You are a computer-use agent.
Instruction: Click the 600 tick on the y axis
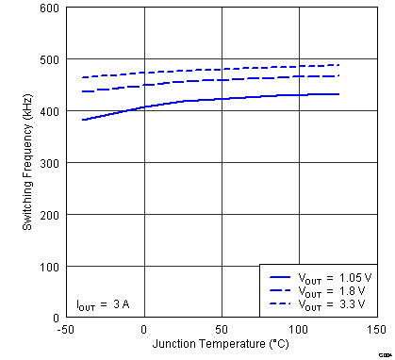(48, 8)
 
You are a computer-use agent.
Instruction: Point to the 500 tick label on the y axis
(48, 60)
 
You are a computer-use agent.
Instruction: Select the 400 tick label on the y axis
(48, 112)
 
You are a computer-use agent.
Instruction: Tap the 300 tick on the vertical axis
(48, 164)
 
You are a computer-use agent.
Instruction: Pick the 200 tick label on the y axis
(48, 215)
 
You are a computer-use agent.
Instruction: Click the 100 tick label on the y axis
(48, 267)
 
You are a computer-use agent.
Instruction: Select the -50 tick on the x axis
(66, 330)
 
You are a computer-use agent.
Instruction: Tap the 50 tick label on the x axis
(221, 330)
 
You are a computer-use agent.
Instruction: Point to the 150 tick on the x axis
(376, 330)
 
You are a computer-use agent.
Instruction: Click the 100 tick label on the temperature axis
(298, 330)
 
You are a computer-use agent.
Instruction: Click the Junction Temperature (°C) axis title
(221, 343)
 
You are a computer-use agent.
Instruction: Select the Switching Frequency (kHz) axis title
(27, 163)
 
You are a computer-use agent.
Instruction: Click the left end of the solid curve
(82, 120)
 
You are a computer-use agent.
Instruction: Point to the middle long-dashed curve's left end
(82, 91)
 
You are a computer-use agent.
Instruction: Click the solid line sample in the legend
(279, 278)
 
